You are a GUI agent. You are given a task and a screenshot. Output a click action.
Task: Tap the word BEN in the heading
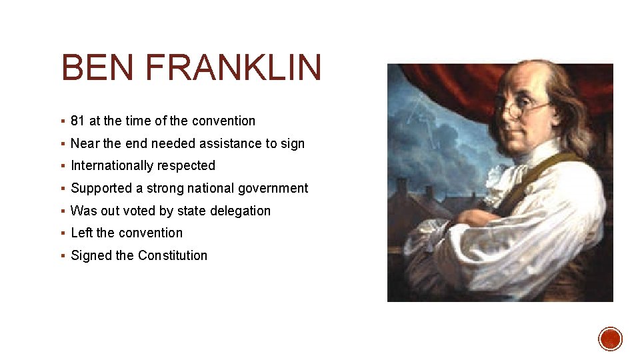click(97, 69)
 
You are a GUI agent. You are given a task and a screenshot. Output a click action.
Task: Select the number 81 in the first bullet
click(77, 121)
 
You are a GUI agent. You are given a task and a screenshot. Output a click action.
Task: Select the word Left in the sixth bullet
click(82, 233)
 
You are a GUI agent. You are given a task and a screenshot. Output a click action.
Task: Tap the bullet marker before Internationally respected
click(62, 166)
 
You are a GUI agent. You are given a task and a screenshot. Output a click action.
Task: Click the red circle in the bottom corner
click(610, 339)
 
